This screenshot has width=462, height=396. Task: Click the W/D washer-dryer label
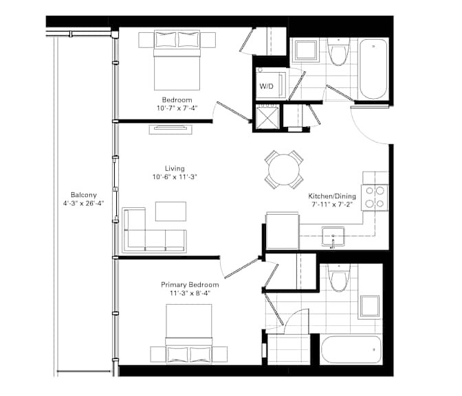pos(266,86)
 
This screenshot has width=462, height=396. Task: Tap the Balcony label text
pos(84,195)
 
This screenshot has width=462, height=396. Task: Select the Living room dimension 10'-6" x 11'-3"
pos(175,177)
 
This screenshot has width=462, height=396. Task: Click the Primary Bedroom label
pos(190,285)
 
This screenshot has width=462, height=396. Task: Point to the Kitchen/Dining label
pos(332,196)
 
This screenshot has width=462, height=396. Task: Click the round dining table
pos(284,170)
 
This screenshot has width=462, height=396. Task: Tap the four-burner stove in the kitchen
pos(375,198)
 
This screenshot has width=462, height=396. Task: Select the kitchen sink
pos(333,237)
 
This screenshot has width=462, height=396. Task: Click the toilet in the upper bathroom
pos(338,52)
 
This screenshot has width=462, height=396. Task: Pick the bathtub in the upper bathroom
pos(373,69)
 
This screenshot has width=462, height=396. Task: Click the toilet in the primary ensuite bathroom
pos(338,278)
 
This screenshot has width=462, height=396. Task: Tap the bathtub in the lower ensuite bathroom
pos(351,350)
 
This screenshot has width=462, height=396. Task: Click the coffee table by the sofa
pos(170,211)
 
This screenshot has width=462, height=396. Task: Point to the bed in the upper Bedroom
pos(177,60)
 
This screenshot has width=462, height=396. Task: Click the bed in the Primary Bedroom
pos(189,334)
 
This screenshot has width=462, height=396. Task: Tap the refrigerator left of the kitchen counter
pos(283,231)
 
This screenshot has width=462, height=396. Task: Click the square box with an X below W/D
pos(267,117)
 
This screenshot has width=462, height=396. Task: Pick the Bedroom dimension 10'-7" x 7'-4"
pos(177,108)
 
